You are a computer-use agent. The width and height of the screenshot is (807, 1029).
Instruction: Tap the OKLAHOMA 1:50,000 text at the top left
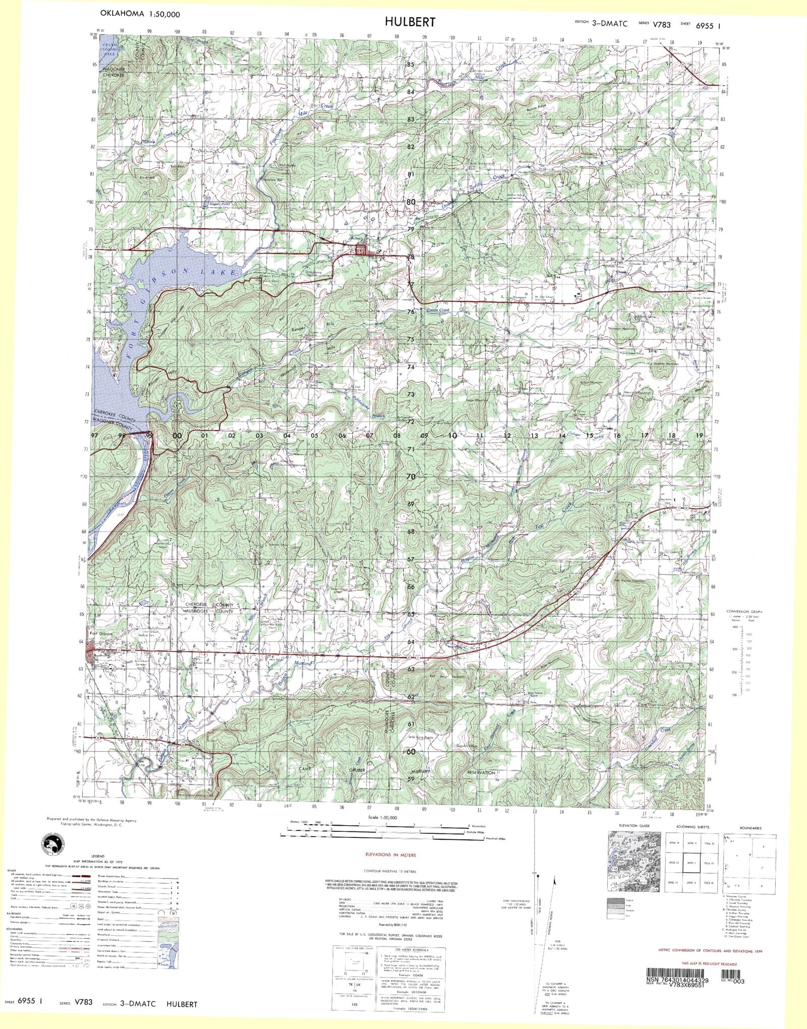pos(140,14)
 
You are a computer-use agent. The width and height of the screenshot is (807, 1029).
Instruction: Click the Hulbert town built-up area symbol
pos(362,249)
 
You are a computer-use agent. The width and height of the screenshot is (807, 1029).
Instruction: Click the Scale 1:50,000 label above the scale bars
pos(382,817)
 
